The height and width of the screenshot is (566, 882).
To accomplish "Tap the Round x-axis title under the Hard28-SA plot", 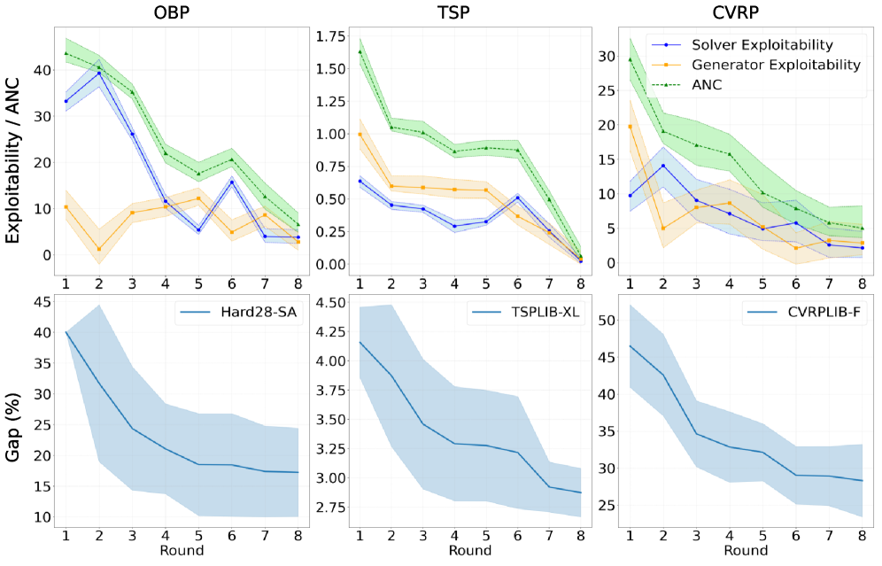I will click(182, 551).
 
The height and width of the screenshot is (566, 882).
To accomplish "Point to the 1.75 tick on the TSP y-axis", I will click(326, 36).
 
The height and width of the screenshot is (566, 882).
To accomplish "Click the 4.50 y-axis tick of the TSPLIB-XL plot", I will click(326, 303).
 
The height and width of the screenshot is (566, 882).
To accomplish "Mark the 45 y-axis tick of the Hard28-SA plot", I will click(41, 302).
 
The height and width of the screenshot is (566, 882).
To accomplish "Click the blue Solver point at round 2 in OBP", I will click(98, 73).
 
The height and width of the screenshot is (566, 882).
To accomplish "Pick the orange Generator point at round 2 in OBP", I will click(98, 249).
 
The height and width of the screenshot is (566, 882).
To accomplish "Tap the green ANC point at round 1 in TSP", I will click(360, 51).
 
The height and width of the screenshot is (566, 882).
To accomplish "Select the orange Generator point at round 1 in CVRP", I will click(630, 126).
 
